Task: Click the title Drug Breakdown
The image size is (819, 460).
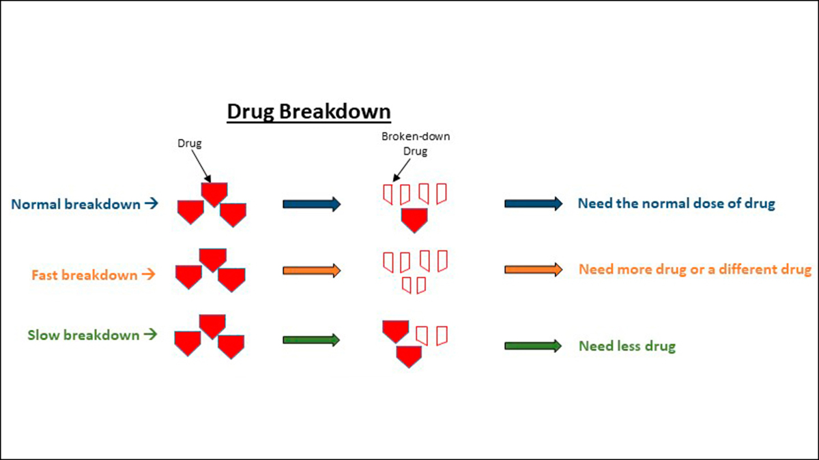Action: [x=308, y=112]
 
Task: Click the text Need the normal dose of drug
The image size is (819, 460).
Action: [x=676, y=204]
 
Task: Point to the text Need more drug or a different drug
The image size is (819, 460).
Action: [x=695, y=269]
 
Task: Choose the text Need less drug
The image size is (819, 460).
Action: [x=627, y=346]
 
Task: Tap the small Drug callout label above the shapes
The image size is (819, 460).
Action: [x=189, y=144]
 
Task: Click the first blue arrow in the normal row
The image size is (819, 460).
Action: [x=311, y=204]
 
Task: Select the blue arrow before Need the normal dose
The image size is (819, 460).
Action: [x=533, y=204]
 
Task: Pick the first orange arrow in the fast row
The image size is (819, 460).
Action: [x=311, y=271]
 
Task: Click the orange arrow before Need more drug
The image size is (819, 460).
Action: [x=533, y=270]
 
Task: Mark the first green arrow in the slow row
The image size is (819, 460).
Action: [x=311, y=339]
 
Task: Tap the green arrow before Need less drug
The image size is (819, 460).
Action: [x=533, y=346]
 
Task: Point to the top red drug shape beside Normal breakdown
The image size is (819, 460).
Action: [x=213, y=194]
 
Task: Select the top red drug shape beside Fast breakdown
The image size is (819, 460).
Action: [x=212, y=260]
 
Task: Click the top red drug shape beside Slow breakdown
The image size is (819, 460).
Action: [x=212, y=326]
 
